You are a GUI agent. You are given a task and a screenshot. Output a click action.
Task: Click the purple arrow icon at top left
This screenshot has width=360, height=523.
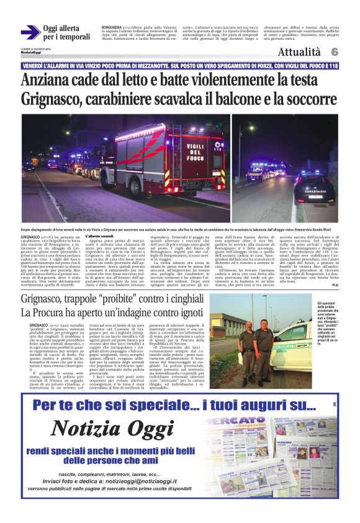30,32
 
